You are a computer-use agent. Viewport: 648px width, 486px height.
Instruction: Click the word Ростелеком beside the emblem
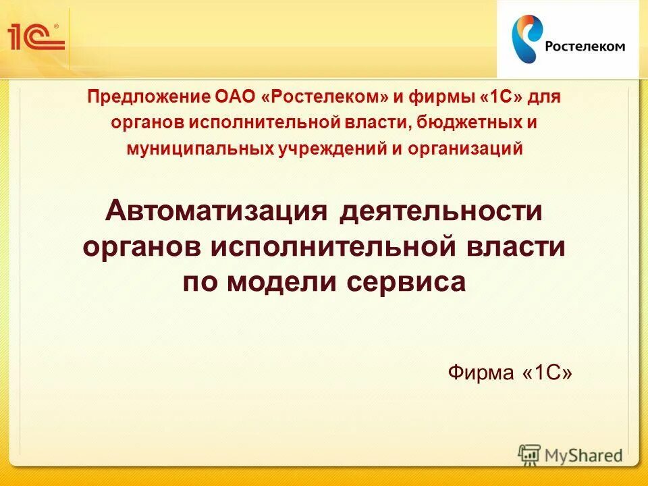coord(585,46)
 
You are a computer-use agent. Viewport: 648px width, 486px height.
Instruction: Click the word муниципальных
coord(199,148)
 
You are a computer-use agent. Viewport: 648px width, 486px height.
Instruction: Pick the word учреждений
coord(331,148)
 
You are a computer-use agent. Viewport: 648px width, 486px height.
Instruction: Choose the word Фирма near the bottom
coord(482,372)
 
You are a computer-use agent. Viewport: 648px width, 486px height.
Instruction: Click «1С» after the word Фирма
coord(547,372)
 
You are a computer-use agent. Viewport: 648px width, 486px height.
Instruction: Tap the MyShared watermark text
coord(583,456)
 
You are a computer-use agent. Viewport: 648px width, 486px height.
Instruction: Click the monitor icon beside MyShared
coord(530,455)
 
